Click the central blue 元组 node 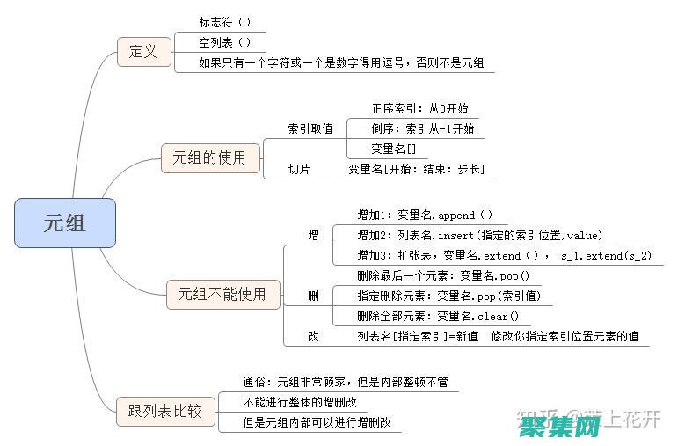[65, 223]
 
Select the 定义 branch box [143, 51]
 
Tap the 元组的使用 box [203, 158]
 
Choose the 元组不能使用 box [222, 294]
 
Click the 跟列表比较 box [165, 411]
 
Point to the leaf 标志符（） [225, 21]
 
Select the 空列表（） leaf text [225, 41]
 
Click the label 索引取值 [310, 128]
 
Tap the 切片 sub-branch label [299, 169]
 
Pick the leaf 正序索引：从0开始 [419, 108]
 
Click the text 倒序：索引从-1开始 [422, 128]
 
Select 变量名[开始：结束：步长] [416, 169]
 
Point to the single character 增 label [313, 235]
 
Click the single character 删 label [313, 296]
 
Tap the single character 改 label [313, 336]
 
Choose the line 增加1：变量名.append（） [425, 215]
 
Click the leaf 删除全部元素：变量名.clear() [438, 316]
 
